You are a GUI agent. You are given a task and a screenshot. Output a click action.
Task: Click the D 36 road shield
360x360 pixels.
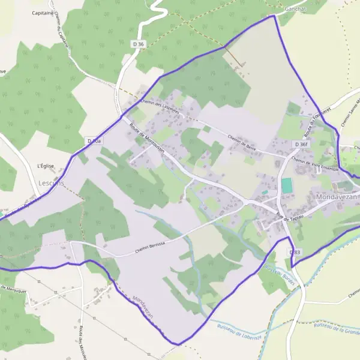tap(138, 44)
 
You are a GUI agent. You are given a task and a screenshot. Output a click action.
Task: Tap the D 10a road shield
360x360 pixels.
tap(94, 141)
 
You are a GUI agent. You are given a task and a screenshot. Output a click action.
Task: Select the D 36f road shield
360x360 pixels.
tap(301, 145)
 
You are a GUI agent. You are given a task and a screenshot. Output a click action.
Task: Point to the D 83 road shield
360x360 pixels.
tap(294, 253)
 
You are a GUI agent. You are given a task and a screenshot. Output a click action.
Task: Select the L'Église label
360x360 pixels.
tap(46, 166)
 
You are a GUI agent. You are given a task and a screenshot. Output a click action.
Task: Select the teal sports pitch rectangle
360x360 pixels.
tap(287, 186)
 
